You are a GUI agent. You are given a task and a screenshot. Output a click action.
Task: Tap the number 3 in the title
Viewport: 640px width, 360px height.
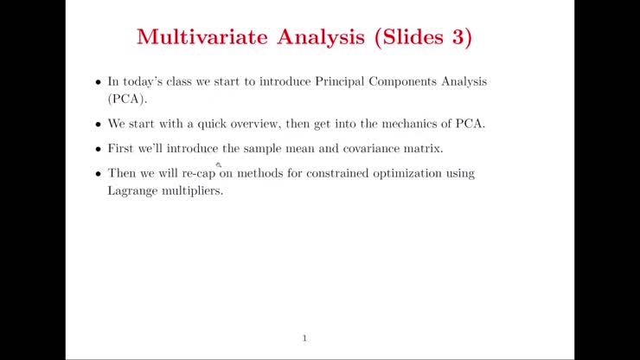click(x=458, y=37)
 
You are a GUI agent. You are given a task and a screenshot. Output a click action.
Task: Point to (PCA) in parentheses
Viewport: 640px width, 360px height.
click(x=124, y=99)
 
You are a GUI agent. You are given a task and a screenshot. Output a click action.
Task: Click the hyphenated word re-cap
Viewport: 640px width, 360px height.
click(x=198, y=173)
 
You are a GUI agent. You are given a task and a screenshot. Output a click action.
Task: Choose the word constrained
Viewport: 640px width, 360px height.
click(x=336, y=173)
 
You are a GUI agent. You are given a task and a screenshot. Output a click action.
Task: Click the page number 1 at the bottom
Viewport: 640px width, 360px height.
click(x=304, y=337)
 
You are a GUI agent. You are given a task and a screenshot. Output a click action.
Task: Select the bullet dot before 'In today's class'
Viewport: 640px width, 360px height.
click(x=99, y=82)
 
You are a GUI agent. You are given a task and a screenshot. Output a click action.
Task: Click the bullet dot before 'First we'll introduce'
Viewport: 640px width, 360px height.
click(x=99, y=149)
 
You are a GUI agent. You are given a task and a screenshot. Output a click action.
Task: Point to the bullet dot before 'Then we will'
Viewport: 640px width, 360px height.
click(x=99, y=174)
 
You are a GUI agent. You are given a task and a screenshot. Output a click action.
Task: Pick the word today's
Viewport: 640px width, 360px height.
click(x=141, y=81)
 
